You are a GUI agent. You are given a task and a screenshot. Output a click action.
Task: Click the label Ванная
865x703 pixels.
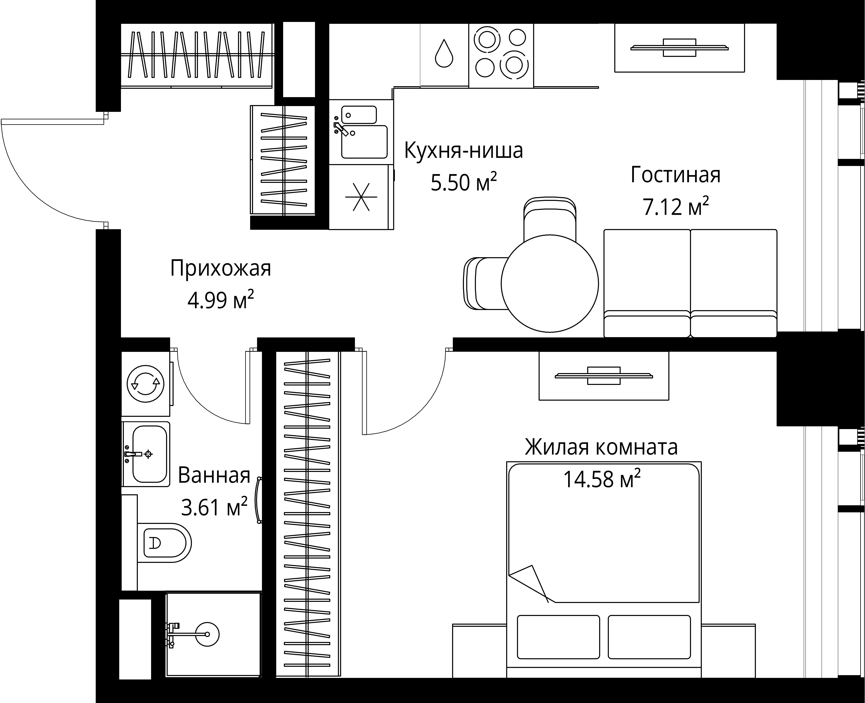(x=214, y=475)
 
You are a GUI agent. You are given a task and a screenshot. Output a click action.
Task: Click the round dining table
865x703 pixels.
(x=549, y=283)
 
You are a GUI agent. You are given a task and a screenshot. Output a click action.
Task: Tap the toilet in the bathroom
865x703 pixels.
(x=164, y=543)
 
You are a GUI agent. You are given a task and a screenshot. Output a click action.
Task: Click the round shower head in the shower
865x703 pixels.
(x=207, y=634)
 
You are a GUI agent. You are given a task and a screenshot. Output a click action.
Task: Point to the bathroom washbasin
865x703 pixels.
(x=149, y=454)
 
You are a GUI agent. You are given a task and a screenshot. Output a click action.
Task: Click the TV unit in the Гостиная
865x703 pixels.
(x=679, y=48)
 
